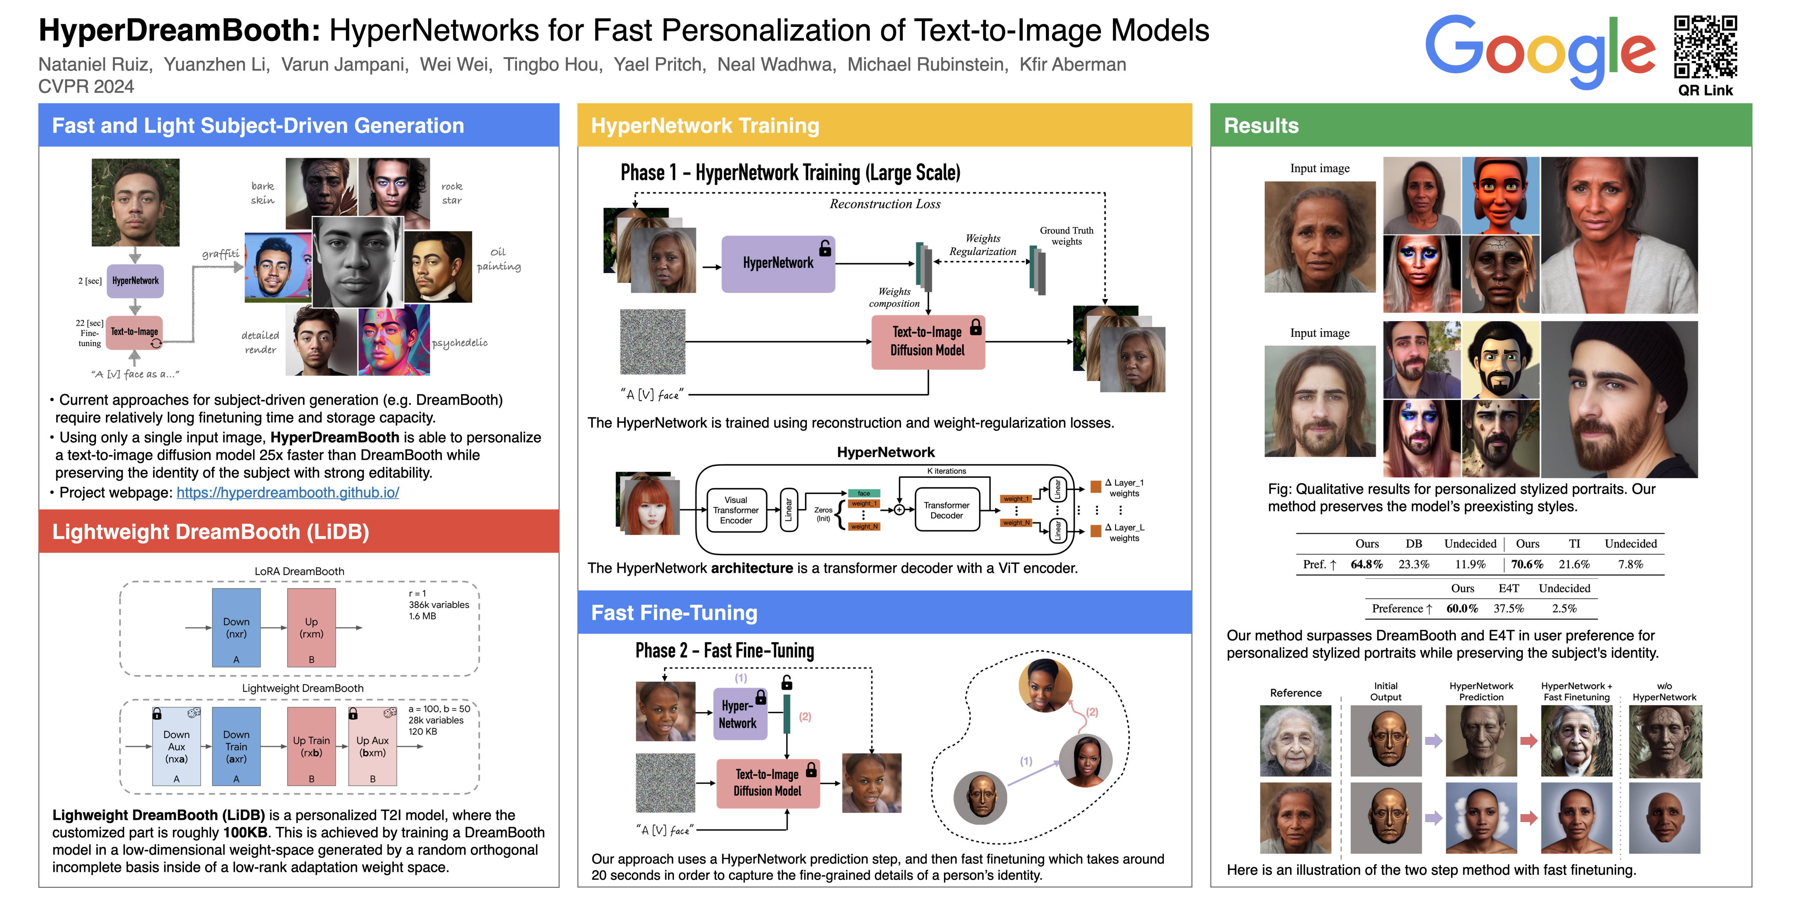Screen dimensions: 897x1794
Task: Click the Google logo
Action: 1539,50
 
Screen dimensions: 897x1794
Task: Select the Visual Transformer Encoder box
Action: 735,511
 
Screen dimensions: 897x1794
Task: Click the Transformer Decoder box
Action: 946,511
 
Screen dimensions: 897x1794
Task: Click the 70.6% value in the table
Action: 1527,564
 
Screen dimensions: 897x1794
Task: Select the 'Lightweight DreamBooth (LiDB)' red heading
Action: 210,532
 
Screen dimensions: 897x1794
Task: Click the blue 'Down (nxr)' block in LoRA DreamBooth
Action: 236,628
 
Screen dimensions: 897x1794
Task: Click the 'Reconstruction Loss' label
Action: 884,204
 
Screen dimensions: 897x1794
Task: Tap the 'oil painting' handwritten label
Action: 499,259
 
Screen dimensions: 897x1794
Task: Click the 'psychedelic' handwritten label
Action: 460,343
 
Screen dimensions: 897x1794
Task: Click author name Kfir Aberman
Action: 1073,65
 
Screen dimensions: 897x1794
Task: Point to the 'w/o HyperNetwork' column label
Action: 1664,692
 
